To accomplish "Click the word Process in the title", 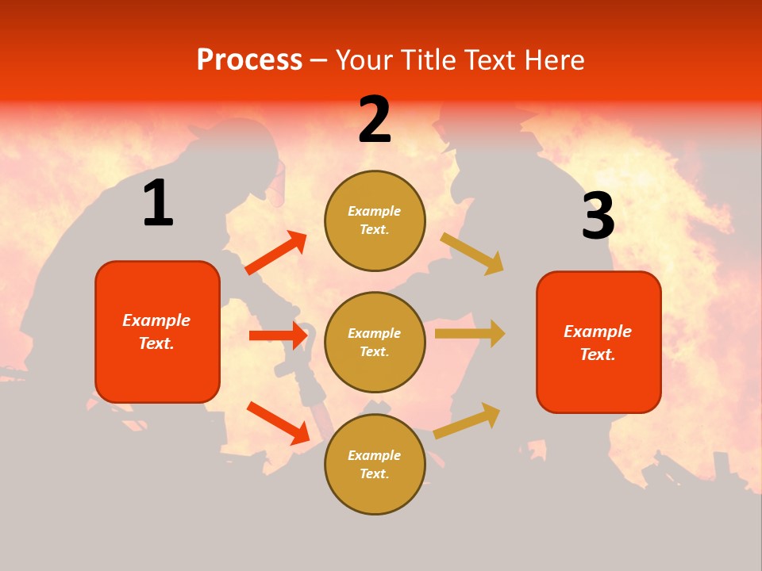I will pos(249,59).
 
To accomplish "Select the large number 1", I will pos(158,203).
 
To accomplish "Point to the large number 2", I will pos(375,120).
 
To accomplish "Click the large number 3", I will pos(598,216).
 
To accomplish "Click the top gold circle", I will pos(375,220).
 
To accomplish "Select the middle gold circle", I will pos(375,343).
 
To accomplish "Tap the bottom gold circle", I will pos(375,465).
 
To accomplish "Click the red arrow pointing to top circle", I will pos(276,253).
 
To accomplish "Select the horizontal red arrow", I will pos(278,335).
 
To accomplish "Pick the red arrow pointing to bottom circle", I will pos(278,423).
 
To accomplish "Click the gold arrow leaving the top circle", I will pos(472,253).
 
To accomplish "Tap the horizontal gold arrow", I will pos(470,334).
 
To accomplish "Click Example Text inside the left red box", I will pos(156,331).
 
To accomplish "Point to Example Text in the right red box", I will pos(598,343).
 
